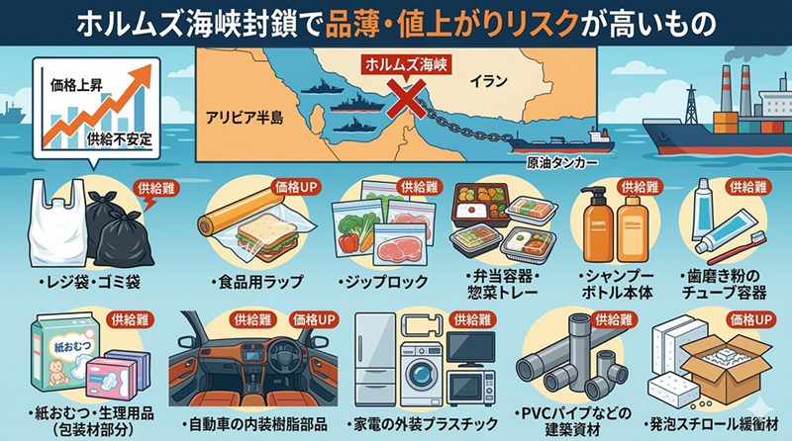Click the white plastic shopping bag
click(55, 226)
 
